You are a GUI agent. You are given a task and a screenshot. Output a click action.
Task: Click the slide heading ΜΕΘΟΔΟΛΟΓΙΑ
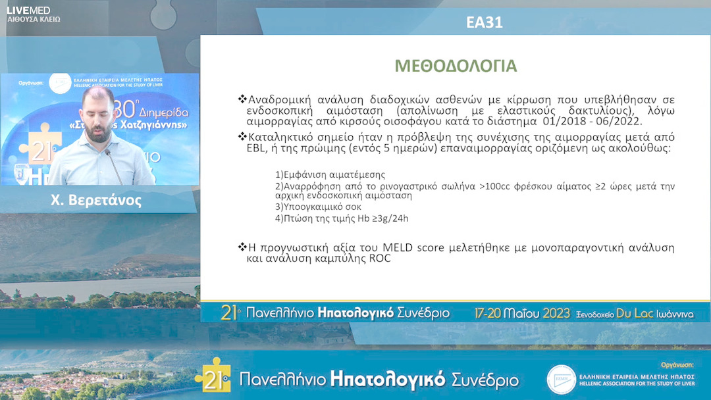[x=456, y=66]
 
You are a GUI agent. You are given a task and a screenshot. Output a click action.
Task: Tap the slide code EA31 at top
[x=484, y=22]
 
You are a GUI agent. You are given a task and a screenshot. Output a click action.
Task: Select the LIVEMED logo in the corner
[x=28, y=10]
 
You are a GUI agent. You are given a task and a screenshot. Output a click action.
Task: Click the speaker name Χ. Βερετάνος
[x=96, y=201]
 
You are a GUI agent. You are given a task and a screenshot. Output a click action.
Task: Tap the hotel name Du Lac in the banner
[x=633, y=313]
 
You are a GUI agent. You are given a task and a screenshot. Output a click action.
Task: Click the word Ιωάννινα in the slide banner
[x=675, y=314]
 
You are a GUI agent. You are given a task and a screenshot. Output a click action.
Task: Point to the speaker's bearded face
[x=98, y=118]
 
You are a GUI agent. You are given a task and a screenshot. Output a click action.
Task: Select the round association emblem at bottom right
[x=562, y=380]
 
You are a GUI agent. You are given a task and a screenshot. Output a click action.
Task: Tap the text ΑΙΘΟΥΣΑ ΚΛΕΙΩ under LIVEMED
[x=34, y=20]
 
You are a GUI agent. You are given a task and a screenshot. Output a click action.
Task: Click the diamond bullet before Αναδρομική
[x=242, y=99]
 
